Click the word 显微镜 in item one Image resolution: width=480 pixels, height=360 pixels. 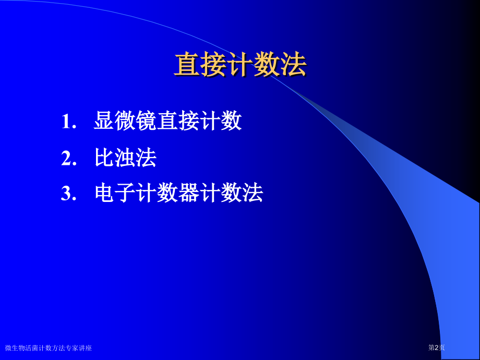point(125,122)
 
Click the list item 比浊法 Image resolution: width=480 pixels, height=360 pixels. point(125,158)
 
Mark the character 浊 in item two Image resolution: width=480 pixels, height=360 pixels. point(125,158)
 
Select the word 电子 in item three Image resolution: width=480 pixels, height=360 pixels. point(115,194)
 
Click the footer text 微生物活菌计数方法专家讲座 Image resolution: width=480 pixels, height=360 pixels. point(49,348)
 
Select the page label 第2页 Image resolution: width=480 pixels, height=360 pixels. point(436,347)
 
